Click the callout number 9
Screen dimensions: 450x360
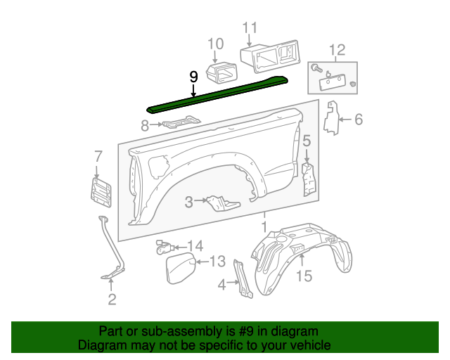coord(193,78)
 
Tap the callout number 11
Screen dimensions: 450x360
coord(250,29)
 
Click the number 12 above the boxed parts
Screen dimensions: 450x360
coord(337,50)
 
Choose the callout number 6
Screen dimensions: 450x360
coord(358,120)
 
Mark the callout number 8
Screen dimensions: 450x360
coord(145,126)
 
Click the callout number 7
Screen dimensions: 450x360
coord(98,156)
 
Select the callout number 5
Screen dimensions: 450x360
coord(307,142)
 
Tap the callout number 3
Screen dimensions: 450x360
coord(188,202)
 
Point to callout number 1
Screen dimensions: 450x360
coord(264,227)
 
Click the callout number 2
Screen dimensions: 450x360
coord(112,301)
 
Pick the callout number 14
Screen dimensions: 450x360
coord(195,246)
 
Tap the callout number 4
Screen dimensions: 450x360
coord(222,285)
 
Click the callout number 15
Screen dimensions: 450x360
coord(303,276)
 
